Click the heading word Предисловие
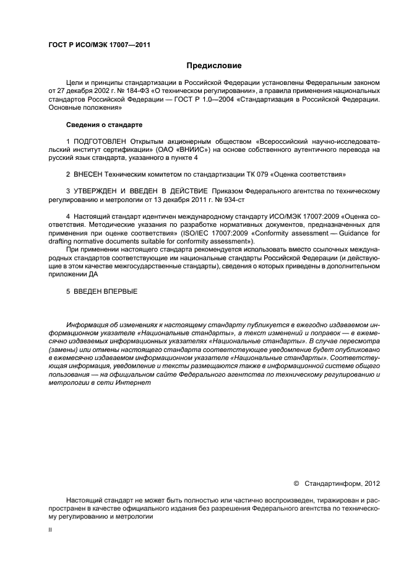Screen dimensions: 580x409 point(214,66)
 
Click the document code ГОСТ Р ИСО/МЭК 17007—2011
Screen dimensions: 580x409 point(99,45)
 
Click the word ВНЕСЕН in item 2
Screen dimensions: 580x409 point(92,174)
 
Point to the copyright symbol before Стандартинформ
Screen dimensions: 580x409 point(296,481)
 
